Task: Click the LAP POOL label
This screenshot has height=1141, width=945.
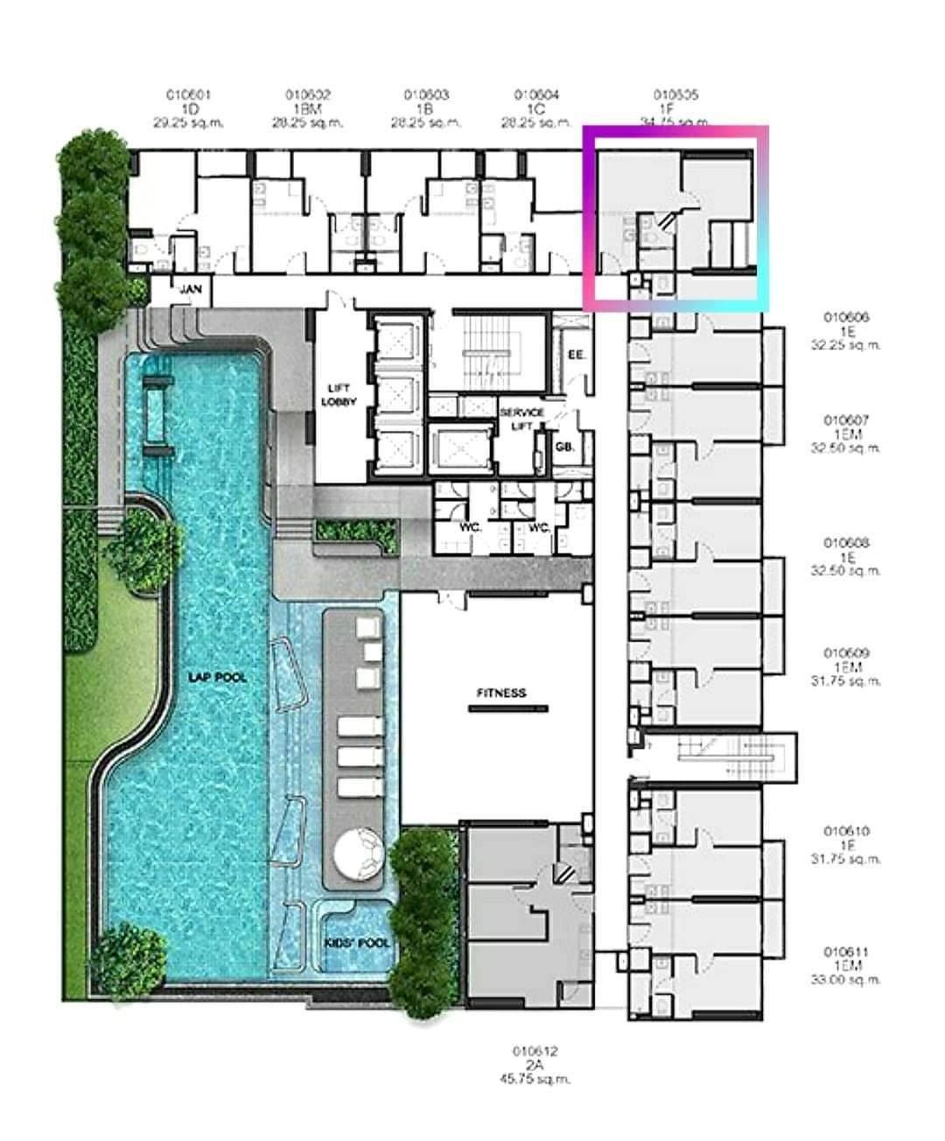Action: click(217, 677)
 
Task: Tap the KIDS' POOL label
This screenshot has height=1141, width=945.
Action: click(355, 943)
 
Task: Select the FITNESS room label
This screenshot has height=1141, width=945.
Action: click(501, 693)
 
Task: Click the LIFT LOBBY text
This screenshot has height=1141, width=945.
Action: click(339, 395)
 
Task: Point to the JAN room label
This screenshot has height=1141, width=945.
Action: click(190, 289)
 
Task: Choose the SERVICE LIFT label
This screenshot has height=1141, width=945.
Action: click(521, 418)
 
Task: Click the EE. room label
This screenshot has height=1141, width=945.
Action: click(576, 356)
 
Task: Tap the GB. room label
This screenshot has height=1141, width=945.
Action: click(564, 447)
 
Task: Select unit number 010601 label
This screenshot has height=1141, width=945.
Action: click(189, 95)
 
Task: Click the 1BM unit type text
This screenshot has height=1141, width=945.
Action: click(308, 109)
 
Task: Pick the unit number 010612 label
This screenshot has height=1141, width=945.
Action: click(535, 1051)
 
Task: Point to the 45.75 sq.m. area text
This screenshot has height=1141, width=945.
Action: click(535, 1079)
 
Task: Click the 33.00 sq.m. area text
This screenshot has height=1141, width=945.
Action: click(845, 979)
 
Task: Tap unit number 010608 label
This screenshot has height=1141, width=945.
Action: click(845, 543)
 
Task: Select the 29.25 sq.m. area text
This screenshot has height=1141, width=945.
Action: click(189, 123)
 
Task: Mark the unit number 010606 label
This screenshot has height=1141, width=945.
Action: click(845, 318)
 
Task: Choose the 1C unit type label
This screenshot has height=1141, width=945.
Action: click(536, 109)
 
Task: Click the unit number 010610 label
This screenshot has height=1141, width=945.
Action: click(845, 831)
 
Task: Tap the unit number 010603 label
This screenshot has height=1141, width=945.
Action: click(426, 95)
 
